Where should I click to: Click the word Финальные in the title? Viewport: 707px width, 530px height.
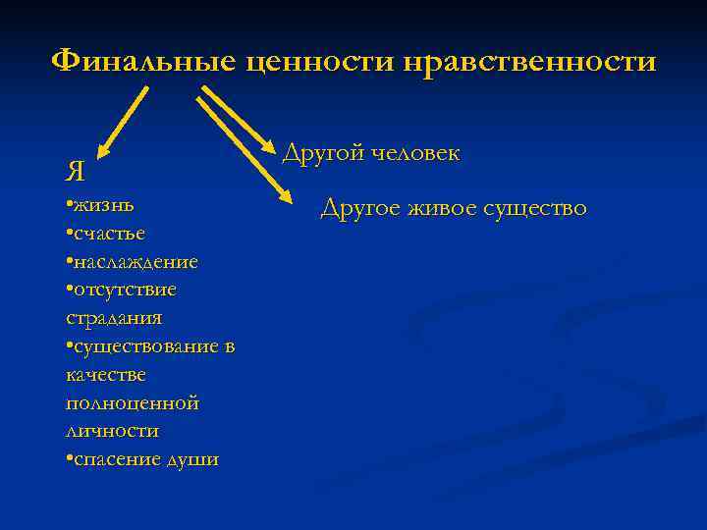(x=143, y=62)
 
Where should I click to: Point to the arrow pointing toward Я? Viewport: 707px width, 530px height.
(x=123, y=123)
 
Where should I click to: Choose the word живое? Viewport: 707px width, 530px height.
(x=449, y=208)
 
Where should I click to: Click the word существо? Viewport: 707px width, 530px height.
(x=539, y=208)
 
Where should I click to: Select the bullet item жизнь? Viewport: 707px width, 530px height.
(x=103, y=206)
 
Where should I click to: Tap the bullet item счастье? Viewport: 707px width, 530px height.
(x=109, y=234)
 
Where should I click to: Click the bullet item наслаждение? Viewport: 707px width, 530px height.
(x=136, y=262)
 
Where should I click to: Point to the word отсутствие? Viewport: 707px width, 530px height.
(x=125, y=290)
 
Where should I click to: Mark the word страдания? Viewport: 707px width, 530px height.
(x=114, y=318)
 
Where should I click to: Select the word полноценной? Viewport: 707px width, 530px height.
(x=132, y=403)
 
